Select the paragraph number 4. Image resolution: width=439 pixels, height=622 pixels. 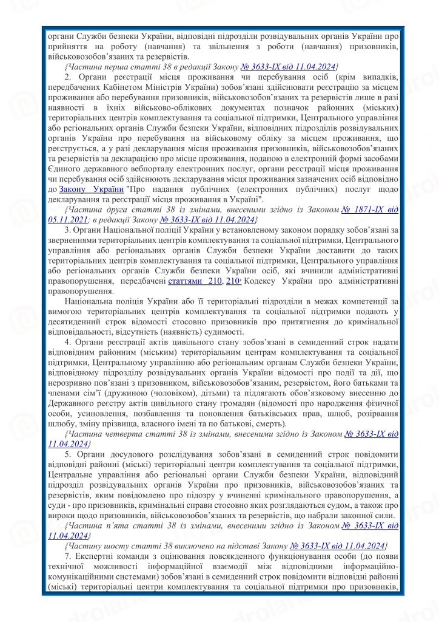click(67, 342)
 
